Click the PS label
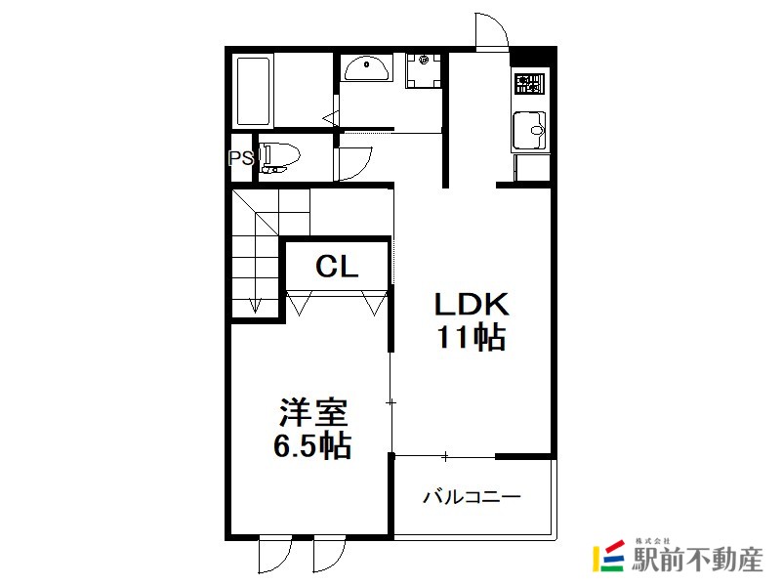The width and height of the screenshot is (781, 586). click(241, 158)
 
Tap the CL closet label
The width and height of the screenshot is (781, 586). click(337, 267)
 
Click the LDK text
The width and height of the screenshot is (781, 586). click(472, 304)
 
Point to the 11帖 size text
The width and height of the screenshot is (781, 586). click(472, 337)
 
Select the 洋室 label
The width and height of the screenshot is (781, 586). click(312, 412)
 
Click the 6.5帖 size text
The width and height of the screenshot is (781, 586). click(312, 445)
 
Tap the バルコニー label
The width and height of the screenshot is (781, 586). click(472, 497)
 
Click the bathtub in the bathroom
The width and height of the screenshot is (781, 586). click(254, 91)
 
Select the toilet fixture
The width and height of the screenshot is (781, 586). click(279, 158)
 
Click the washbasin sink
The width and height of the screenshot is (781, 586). click(367, 67)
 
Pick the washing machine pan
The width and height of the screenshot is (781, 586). click(424, 70)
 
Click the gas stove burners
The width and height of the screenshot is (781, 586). click(530, 84)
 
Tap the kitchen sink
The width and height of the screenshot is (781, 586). click(529, 130)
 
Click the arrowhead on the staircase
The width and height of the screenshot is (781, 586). click(256, 305)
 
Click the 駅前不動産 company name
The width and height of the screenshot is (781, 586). click(697, 559)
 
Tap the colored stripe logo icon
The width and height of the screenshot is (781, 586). click(608, 556)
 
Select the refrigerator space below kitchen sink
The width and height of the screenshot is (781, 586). click(531, 167)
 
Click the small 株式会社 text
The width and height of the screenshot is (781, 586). click(652, 541)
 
